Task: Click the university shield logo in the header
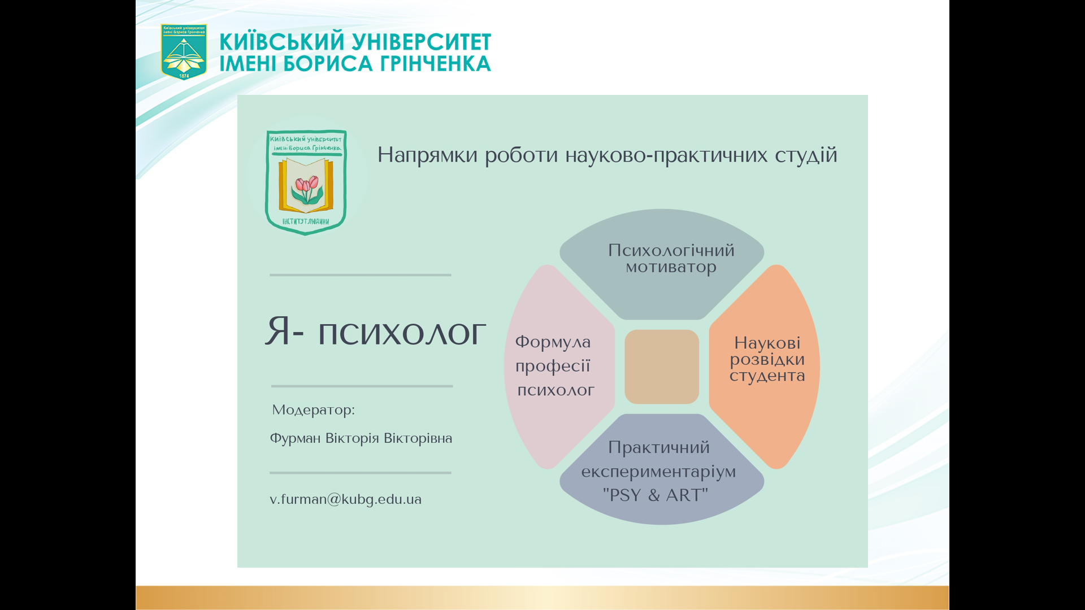point(184,51)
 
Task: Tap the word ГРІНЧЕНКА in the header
point(435,64)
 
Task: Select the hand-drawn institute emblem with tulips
point(306,182)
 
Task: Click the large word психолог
point(402,333)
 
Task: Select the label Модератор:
point(313,409)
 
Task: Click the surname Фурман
point(295,439)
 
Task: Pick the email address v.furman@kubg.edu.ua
point(345,499)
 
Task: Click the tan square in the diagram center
point(662,367)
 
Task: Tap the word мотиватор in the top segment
point(671,267)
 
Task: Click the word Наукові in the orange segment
point(767,343)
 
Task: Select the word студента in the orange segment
point(767,376)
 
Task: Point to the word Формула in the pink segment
point(553,342)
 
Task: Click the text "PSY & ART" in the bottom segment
point(656,495)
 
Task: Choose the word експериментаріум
point(658,472)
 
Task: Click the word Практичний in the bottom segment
point(659,448)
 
